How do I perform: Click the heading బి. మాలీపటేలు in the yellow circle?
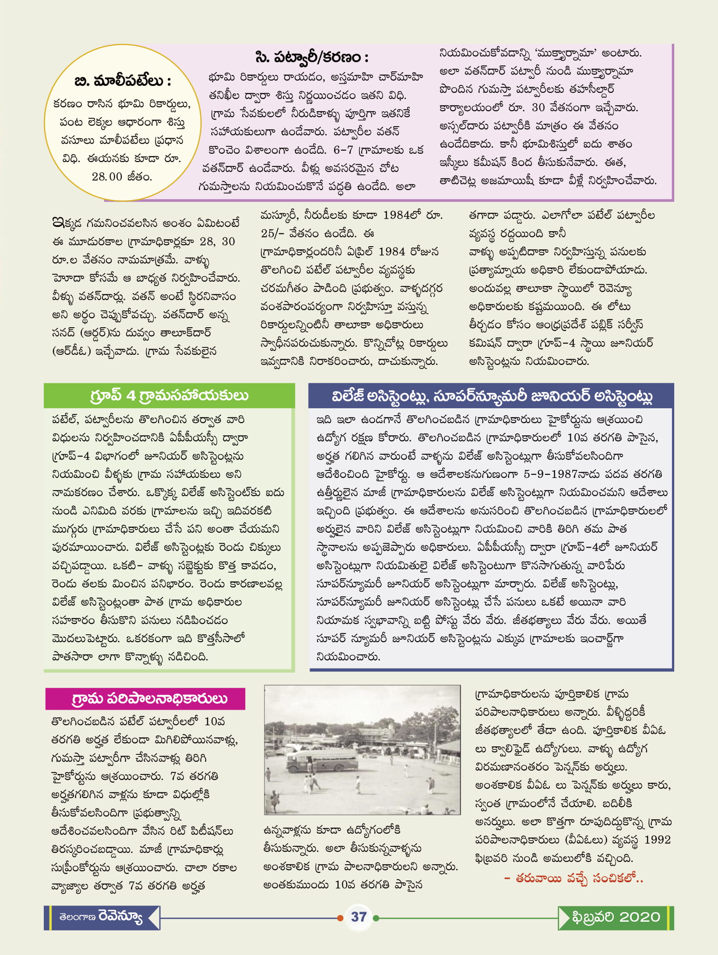pyautogui.click(x=123, y=81)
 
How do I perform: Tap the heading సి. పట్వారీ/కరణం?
pyautogui.click(x=312, y=57)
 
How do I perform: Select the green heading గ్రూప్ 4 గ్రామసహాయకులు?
pyautogui.click(x=169, y=396)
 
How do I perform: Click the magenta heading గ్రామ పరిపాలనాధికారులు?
pyautogui.click(x=149, y=699)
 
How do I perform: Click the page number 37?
pyautogui.click(x=359, y=917)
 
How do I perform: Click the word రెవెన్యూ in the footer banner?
pyautogui.click(x=120, y=916)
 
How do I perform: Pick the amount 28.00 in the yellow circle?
pyautogui.click(x=107, y=177)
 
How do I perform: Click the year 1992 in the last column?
pyautogui.click(x=657, y=840)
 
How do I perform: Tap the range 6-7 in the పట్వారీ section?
pyautogui.click(x=343, y=150)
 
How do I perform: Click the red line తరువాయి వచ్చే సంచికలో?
pyautogui.click(x=574, y=878)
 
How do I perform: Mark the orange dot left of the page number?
pyautogui.click(x=340, y=917)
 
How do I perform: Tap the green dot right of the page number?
pyautogui.click(x=376, y=917)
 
